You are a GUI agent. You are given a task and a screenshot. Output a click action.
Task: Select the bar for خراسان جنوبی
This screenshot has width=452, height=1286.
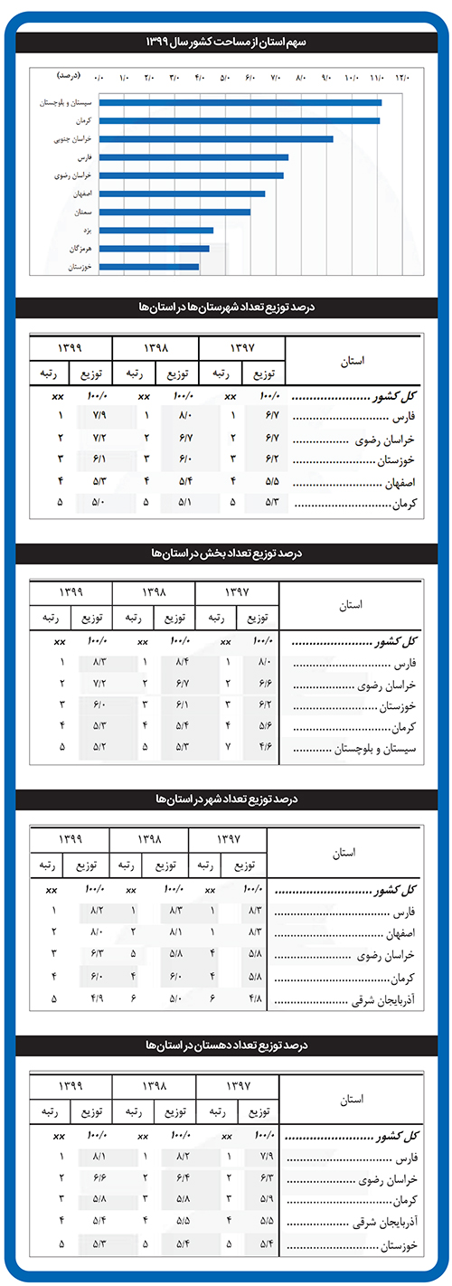216,138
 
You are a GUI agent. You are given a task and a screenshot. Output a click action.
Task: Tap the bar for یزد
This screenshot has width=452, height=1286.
156,230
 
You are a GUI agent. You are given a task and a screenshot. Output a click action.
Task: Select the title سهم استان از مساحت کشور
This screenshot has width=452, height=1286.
226,43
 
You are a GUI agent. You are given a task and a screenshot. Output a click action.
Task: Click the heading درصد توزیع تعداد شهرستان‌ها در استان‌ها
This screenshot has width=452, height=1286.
226,307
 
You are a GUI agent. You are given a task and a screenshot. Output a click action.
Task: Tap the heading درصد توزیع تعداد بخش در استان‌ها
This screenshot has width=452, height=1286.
226,551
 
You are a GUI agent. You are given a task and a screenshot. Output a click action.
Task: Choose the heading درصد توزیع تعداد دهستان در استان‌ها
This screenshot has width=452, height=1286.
226,1045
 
